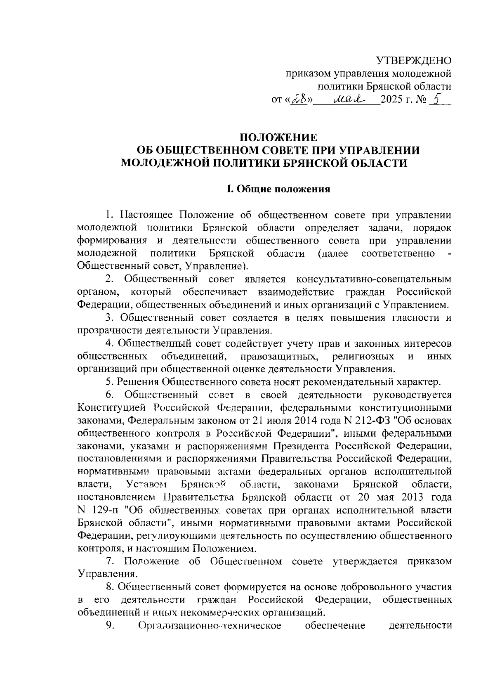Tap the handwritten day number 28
point(300,99)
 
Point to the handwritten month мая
point(348,99)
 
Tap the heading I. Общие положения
point(278,189)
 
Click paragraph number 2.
point(109,279)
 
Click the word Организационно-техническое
point(210,626)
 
